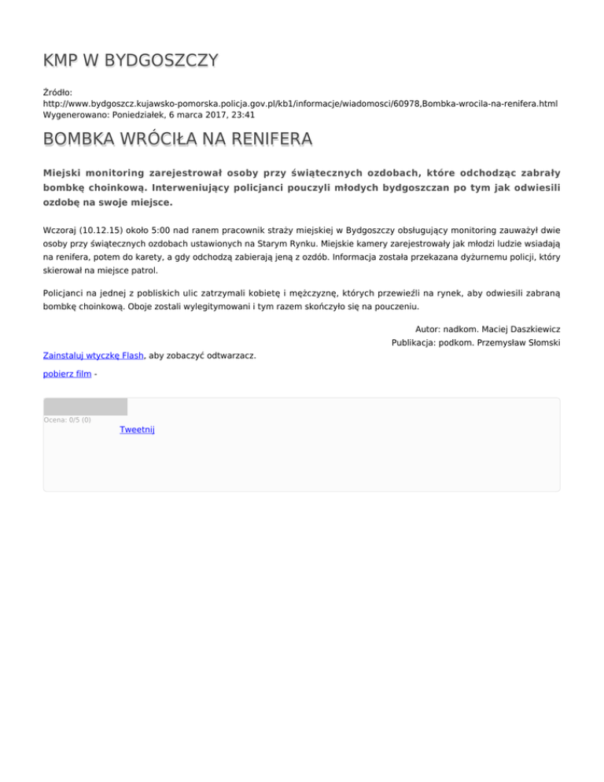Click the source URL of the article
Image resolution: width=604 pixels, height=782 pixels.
click(300, 103)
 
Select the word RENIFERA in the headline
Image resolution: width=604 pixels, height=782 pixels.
click(265, 140)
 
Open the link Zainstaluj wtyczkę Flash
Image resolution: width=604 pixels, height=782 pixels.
click(93, 355)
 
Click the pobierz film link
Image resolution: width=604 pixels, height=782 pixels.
click(68, 374)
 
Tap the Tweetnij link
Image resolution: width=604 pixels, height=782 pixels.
click(137, 429)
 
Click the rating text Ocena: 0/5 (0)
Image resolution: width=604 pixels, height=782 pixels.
click(67, 419)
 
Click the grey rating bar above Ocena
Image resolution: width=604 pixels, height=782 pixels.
click(85, 407)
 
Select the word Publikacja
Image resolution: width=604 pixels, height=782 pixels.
click(416, 342)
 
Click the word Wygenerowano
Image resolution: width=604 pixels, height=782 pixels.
click(75, 114)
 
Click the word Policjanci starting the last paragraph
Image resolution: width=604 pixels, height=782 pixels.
click(66, 292)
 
